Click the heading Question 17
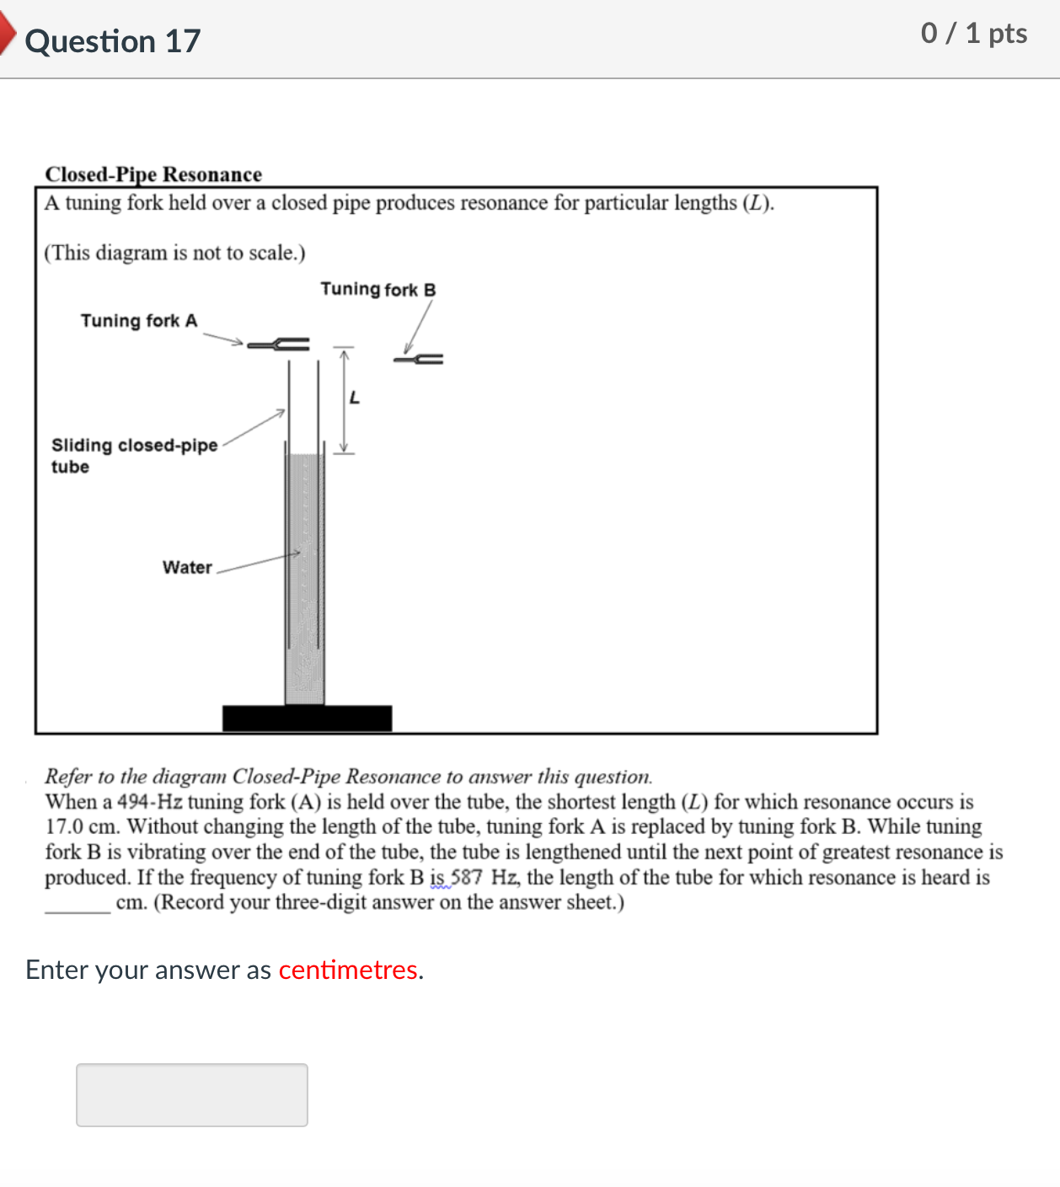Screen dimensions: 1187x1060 [113, 41]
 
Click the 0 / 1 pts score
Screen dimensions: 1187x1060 [973, 34]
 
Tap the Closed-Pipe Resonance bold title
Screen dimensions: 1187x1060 [153, 174]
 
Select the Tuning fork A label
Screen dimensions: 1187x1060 [139, 321]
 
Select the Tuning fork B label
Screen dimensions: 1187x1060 [377, 290]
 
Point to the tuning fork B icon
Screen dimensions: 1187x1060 [419, 360]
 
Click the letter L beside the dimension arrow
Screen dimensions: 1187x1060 [355, 398]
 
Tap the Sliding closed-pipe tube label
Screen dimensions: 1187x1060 [134, 455]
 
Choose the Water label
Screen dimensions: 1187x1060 [187, 568]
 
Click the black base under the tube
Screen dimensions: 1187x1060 [307, 719]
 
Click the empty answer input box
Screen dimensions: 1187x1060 [192, 1094]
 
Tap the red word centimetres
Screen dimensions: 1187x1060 [348, 970]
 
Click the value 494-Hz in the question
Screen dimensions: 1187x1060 [149, 802]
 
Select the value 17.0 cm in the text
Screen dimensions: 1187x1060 [82, 827]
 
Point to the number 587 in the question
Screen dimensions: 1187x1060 [467, 878]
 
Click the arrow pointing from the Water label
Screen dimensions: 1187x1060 [259, 562]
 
